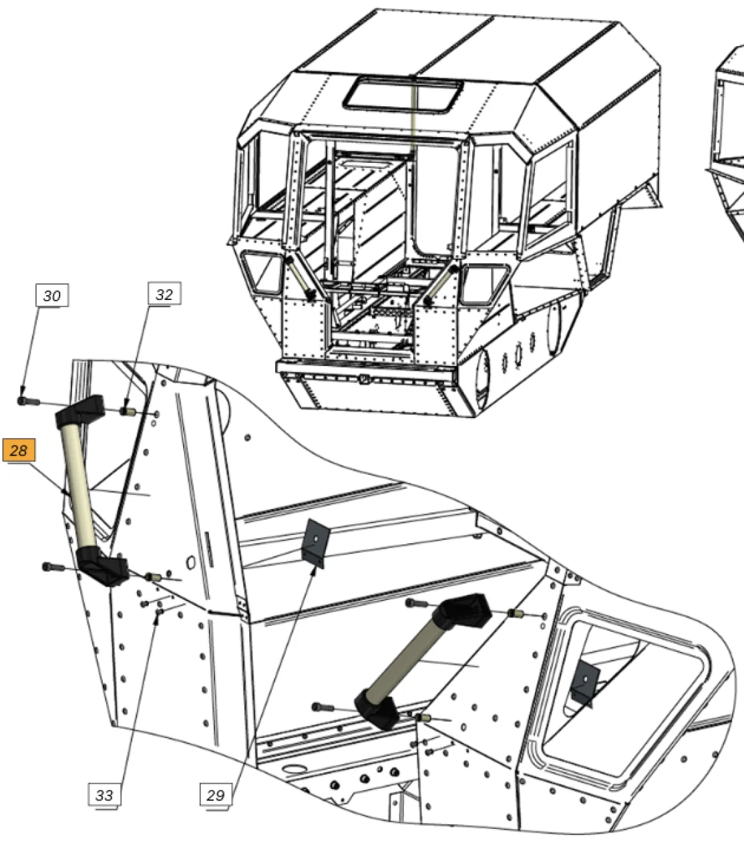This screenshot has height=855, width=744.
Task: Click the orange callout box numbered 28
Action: pyautogui.click(x=19, y=450)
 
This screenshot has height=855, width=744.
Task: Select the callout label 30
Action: pyautogui.click(x=52, y=295)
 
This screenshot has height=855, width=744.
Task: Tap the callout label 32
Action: pyautogui.click(x=164, y=294)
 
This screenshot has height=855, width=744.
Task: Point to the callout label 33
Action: pyautogui.click(x=104, y=795)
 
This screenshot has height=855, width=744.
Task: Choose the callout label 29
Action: pyautogui.click(x=216, y=795)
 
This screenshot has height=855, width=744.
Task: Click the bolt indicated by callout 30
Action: pyautogui.click(x=28, y=401)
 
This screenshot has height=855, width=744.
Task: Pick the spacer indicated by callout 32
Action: pyautogui.click(x=127, y=411)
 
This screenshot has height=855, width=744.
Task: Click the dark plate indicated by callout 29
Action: pyautogui.click(x=316, y=543)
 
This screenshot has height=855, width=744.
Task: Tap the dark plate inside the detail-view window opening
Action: pyautogui.click(x=586, y=683)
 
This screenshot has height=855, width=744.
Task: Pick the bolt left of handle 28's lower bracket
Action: pyautogui.click(x=53, y=567)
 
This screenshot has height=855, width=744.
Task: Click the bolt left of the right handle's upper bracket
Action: pyautogui.click(x=417, y=603)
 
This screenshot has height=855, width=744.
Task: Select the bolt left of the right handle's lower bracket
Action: pyautogui.click(x=323, y=707)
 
